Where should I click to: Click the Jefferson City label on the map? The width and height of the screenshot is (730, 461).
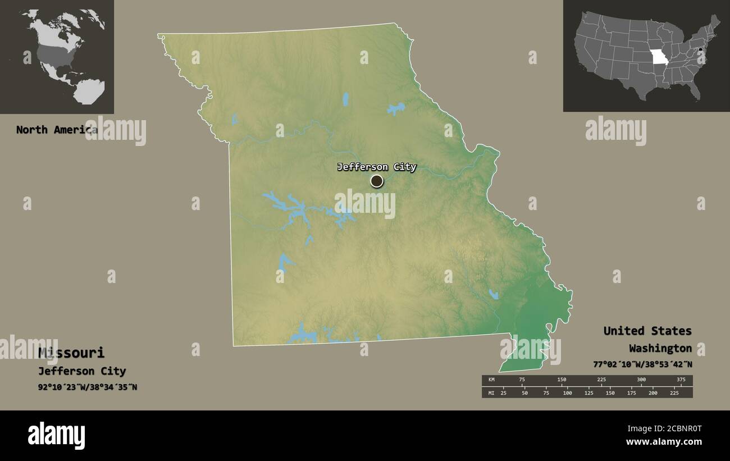pyautogui.click(x=376, y=167)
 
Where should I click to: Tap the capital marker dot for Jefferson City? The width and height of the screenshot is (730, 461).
pyautogui.click(x=377, y=181)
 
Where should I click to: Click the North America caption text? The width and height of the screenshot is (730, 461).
pyautogui.click(x=56, y=130)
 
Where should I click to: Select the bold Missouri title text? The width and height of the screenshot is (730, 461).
pyautogui.click(x=71, y=353)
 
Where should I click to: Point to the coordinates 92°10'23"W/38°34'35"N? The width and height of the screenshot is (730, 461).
pyautogui.click(x=88, y=387)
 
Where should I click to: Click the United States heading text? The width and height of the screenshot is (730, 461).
pyautogui.click(x=647, y=331)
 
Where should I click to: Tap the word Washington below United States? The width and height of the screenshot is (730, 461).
pyautogui.click(x=660, y=348)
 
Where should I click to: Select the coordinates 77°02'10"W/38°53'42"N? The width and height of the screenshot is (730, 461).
pyautogui.click(x=642, y=364)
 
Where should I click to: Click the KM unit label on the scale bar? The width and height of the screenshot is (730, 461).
pyautogui.click(x=491, y=380)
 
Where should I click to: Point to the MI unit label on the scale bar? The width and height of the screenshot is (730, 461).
pyautogui.click(x=491, y=393)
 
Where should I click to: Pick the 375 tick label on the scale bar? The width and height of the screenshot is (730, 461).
pyautogui.click(x=681, y=380)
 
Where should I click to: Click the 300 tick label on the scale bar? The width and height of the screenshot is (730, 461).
pyautogui.click(x=641, y=380)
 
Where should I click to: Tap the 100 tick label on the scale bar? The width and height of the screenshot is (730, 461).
pyautogui.click(x=567, y=393)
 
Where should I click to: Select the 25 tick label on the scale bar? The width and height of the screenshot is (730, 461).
pyautogui.click(x=503, y=393)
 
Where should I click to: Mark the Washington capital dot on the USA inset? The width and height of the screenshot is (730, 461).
pyautogui.click(x=700, y=52)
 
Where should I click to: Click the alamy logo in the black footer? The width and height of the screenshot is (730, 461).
pyautogui.click(x=56, y=435)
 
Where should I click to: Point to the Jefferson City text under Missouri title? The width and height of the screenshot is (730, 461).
pyautogui.click(x=82, y=371)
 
